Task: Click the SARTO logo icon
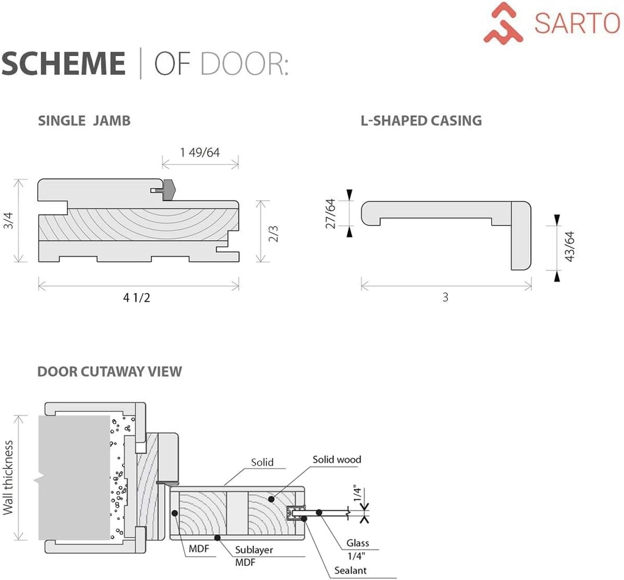point(503,23)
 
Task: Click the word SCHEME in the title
point(63,64)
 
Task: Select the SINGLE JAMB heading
point(84,121)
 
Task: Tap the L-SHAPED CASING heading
point(421,121)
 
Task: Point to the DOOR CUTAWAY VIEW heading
point(110,371)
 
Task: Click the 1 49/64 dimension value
point(200,152)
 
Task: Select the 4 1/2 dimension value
point(137,298)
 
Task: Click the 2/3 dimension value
point(274,233)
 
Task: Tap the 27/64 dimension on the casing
point(330,213)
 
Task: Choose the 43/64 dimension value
point(570,246)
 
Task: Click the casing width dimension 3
point(445,298)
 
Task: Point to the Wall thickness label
point(9,478)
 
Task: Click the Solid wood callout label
point(337,459)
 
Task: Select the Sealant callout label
point(350,570)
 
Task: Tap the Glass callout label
point(358,543)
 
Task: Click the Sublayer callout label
point(254,550)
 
